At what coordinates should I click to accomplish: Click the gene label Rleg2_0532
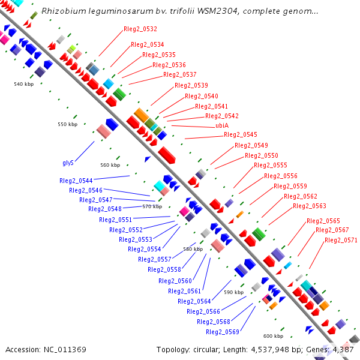[140, 29]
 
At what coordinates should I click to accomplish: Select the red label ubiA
[223, 125]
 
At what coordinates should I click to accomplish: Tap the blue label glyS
[68, 163]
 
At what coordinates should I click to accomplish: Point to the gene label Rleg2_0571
[341, 240]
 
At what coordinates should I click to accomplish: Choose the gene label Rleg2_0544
[76, 181]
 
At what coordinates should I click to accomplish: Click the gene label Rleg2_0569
[223, 332]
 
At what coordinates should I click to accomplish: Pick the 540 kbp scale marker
[24, 84]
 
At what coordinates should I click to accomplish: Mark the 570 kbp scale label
[152, 206]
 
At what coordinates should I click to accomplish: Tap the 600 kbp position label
[273, 336]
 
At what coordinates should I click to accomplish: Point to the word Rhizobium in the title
[60, 11]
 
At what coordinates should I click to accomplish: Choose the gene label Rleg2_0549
[251, 145]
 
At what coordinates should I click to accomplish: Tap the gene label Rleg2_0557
[155, 259]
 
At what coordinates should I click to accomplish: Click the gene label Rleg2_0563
[310, 206]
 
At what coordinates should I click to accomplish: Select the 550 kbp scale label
[68, 124]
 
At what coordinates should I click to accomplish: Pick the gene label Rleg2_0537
[180, 74]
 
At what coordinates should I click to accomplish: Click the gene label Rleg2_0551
[116, 220]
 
